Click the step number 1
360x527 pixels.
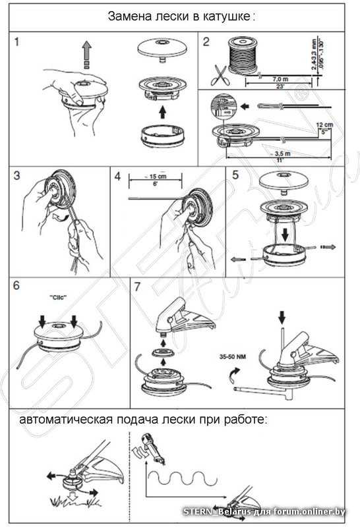coord(18,42)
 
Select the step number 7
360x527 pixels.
coord(137,287)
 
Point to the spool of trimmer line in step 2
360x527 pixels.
coord(243,54)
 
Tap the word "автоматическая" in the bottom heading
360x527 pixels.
coord(63,420)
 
